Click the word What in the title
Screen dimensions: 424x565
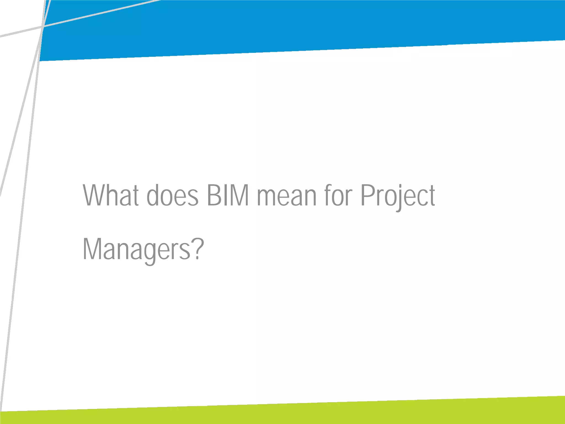coord(111,195)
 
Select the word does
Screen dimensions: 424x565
coord(172,195)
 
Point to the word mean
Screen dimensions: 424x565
coord(287,195)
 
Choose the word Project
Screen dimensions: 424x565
coord(398,195)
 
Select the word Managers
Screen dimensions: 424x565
coord(137,249)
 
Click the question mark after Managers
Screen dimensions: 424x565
coord(198,248)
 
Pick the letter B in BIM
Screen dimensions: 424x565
coord(213,195)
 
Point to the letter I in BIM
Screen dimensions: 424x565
coord(225,195)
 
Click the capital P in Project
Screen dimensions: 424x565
coord(367,195)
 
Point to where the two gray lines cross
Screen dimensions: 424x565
coord(43,26)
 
